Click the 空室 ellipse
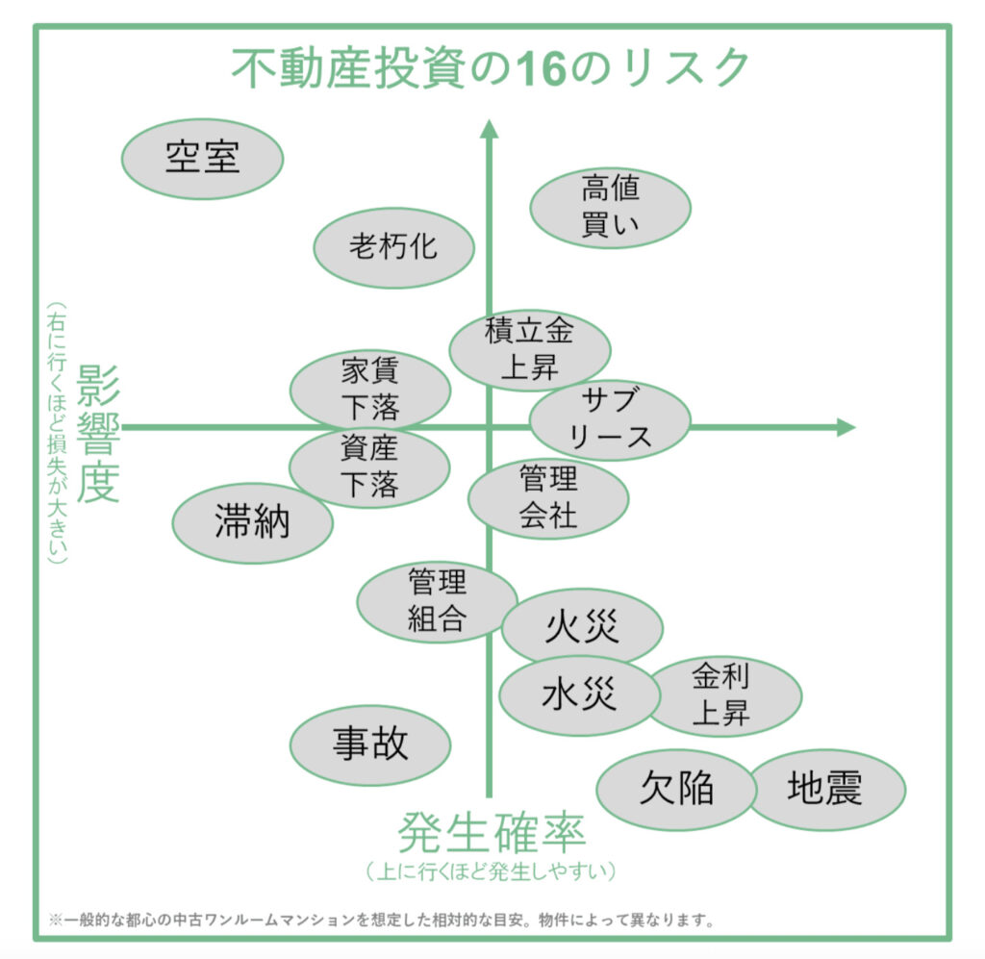(202, 159)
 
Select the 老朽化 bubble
(393, 247)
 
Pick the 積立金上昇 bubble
(530, 349)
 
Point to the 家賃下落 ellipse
(370, 390)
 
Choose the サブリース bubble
(610, 419)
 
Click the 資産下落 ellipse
(369, 467)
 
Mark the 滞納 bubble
(252, 522)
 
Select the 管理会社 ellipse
(548, 496)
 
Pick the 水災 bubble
(579, 695)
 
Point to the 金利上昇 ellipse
(723, 694)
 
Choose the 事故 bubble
(370, 744)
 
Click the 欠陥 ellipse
(676, 790)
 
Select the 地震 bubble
(826, 790)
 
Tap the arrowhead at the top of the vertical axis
(489, 131)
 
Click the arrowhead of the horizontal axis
(846, 427)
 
